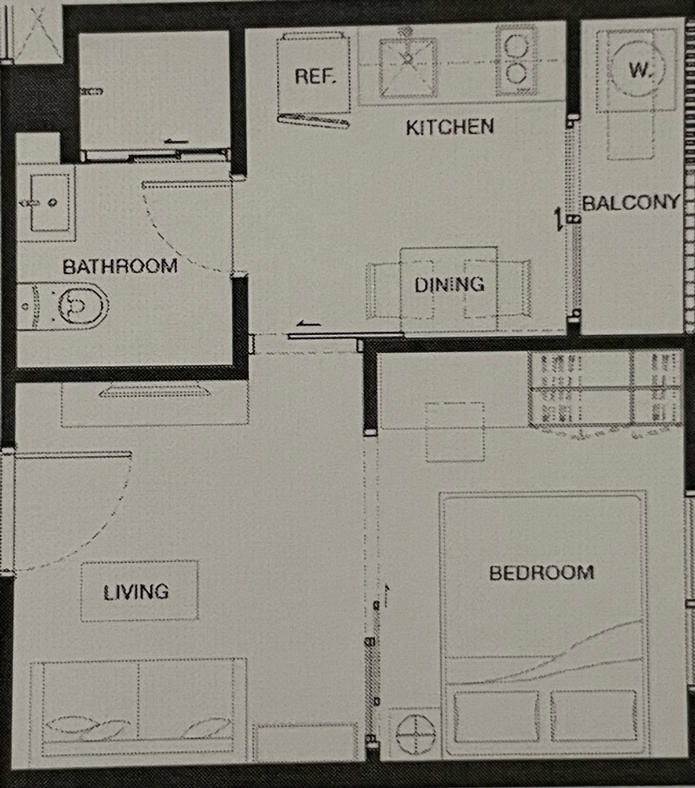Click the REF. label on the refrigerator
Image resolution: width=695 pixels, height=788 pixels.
315,76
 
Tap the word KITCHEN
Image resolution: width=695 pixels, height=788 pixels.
450,127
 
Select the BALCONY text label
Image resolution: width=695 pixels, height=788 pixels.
631,203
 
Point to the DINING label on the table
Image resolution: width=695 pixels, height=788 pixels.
449,285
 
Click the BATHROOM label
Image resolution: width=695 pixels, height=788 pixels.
120,266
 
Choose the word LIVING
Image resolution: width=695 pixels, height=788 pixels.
136,592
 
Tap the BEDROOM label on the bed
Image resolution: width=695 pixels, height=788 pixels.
542,573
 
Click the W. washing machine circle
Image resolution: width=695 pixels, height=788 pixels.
637,69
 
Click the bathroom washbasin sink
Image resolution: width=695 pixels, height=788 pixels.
50,203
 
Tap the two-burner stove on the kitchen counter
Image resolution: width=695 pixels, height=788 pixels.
516,60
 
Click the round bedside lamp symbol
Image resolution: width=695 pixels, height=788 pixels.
416,735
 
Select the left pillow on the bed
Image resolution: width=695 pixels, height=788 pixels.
496,716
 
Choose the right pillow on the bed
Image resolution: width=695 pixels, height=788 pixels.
594,716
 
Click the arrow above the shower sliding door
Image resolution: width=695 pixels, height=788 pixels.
176,142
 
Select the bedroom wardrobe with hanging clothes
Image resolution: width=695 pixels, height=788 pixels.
605,389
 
